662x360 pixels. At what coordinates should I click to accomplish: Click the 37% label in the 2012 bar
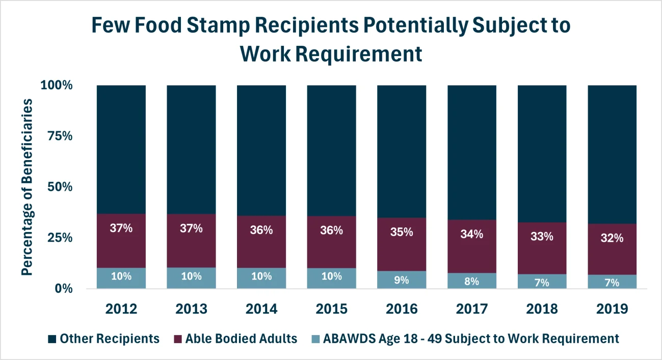[121, 228]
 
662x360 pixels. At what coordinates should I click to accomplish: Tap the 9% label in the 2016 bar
[402, 280]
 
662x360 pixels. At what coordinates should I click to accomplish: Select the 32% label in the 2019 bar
[612, 238]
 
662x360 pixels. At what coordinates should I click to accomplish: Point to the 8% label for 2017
[472, 281]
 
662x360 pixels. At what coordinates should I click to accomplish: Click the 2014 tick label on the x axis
[261, 309]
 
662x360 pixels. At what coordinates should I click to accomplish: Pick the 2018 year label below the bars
[542, 309]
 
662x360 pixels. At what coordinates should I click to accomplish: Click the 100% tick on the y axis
[58, 85]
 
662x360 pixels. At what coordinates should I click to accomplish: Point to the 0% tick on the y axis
[64, 289]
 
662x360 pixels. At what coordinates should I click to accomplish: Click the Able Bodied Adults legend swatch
[177, 339]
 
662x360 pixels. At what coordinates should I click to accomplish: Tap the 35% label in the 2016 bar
[402, 232]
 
